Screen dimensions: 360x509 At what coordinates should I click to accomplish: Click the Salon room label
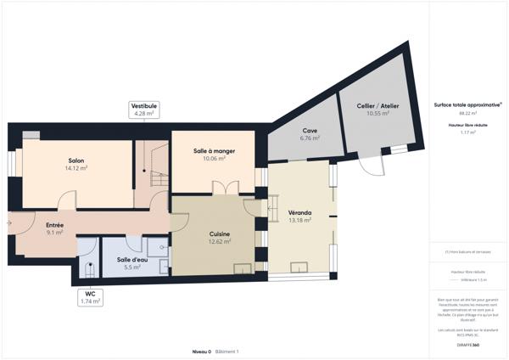click(76, 160)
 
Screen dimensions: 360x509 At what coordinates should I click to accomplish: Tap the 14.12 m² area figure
click(76, 168)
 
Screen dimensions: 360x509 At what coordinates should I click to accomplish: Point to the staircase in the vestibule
click(154, 166)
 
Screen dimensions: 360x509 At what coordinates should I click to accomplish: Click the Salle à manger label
click(214, 150)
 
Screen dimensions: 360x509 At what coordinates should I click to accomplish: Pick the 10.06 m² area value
click(214, 158)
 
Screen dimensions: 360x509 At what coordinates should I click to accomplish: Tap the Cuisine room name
click(220, 233)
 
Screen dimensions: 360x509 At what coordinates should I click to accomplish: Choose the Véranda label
click(299, 212)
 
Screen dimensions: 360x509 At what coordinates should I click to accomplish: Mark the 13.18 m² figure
click(299, 220)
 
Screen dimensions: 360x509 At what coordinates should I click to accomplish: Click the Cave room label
click(310, 130)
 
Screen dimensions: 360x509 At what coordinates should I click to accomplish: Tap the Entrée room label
click(54, 224)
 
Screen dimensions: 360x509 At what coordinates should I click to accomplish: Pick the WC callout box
click(90, 297)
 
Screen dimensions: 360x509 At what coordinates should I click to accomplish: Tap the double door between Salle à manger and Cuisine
click(219, 188)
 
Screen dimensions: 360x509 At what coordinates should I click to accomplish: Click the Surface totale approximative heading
click(467, 104)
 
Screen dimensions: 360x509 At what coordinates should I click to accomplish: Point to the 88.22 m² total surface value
click(467, 113)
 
